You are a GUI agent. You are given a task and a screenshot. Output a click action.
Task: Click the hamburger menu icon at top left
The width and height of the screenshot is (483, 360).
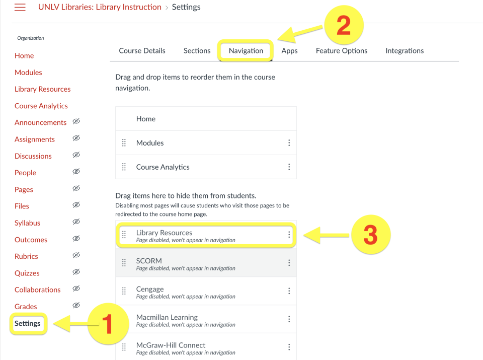pyautogui.click(x=20, y=8)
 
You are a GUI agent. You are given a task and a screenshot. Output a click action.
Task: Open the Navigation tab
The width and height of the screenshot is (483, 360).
pyautogui.click(x=246, y=51)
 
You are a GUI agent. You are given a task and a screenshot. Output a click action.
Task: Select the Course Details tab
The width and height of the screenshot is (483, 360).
pyautogui.click(x=142, y=51)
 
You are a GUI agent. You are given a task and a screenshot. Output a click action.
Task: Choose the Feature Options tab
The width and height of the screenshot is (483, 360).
pyautogui.click(x=341, y=51)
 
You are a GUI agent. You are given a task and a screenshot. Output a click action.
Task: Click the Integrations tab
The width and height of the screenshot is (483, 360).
pyautogui.click(x=405, y=51)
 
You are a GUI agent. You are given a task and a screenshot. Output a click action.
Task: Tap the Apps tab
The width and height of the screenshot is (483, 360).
pyautogui.click(x=289, y=51)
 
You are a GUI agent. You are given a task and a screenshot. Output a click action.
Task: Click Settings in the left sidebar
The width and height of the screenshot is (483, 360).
pyautogui.click(x=28, y=323)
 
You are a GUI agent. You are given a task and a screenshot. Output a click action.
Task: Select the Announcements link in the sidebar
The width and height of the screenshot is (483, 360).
pyautogui.click(x=40, y=122)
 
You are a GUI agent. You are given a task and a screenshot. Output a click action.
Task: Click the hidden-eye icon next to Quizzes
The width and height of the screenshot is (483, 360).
pyautogui.click(x=76, y=272)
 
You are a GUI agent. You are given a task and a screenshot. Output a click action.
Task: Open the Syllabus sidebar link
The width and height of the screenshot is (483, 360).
pyautogui.click(x=27, y=223)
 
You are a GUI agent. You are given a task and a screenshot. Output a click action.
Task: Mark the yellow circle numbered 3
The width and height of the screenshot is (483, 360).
pyautogui.click(x=370, y=235)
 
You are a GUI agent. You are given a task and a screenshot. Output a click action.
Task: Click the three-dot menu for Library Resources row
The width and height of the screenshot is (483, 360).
pyautogui.click(x=289, y=235)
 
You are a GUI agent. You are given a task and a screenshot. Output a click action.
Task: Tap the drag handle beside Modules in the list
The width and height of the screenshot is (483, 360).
pyautogui.click(x=124, y=143)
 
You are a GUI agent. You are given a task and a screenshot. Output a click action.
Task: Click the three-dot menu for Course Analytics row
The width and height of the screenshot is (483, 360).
pyautogui.click(x=289, y=167)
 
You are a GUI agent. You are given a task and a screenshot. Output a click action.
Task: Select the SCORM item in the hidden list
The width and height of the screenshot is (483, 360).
pyautogui.click(x=149, y=261)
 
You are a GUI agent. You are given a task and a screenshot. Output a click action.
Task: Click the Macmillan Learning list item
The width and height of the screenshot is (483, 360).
pyautogui.click(x=167, y=317)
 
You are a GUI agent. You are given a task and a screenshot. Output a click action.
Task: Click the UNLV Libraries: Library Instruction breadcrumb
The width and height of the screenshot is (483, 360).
pyautogui.click(x=100, y=7)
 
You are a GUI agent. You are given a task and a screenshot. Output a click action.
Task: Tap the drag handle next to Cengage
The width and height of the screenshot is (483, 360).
pyautogui.click(x=124, y=291)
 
